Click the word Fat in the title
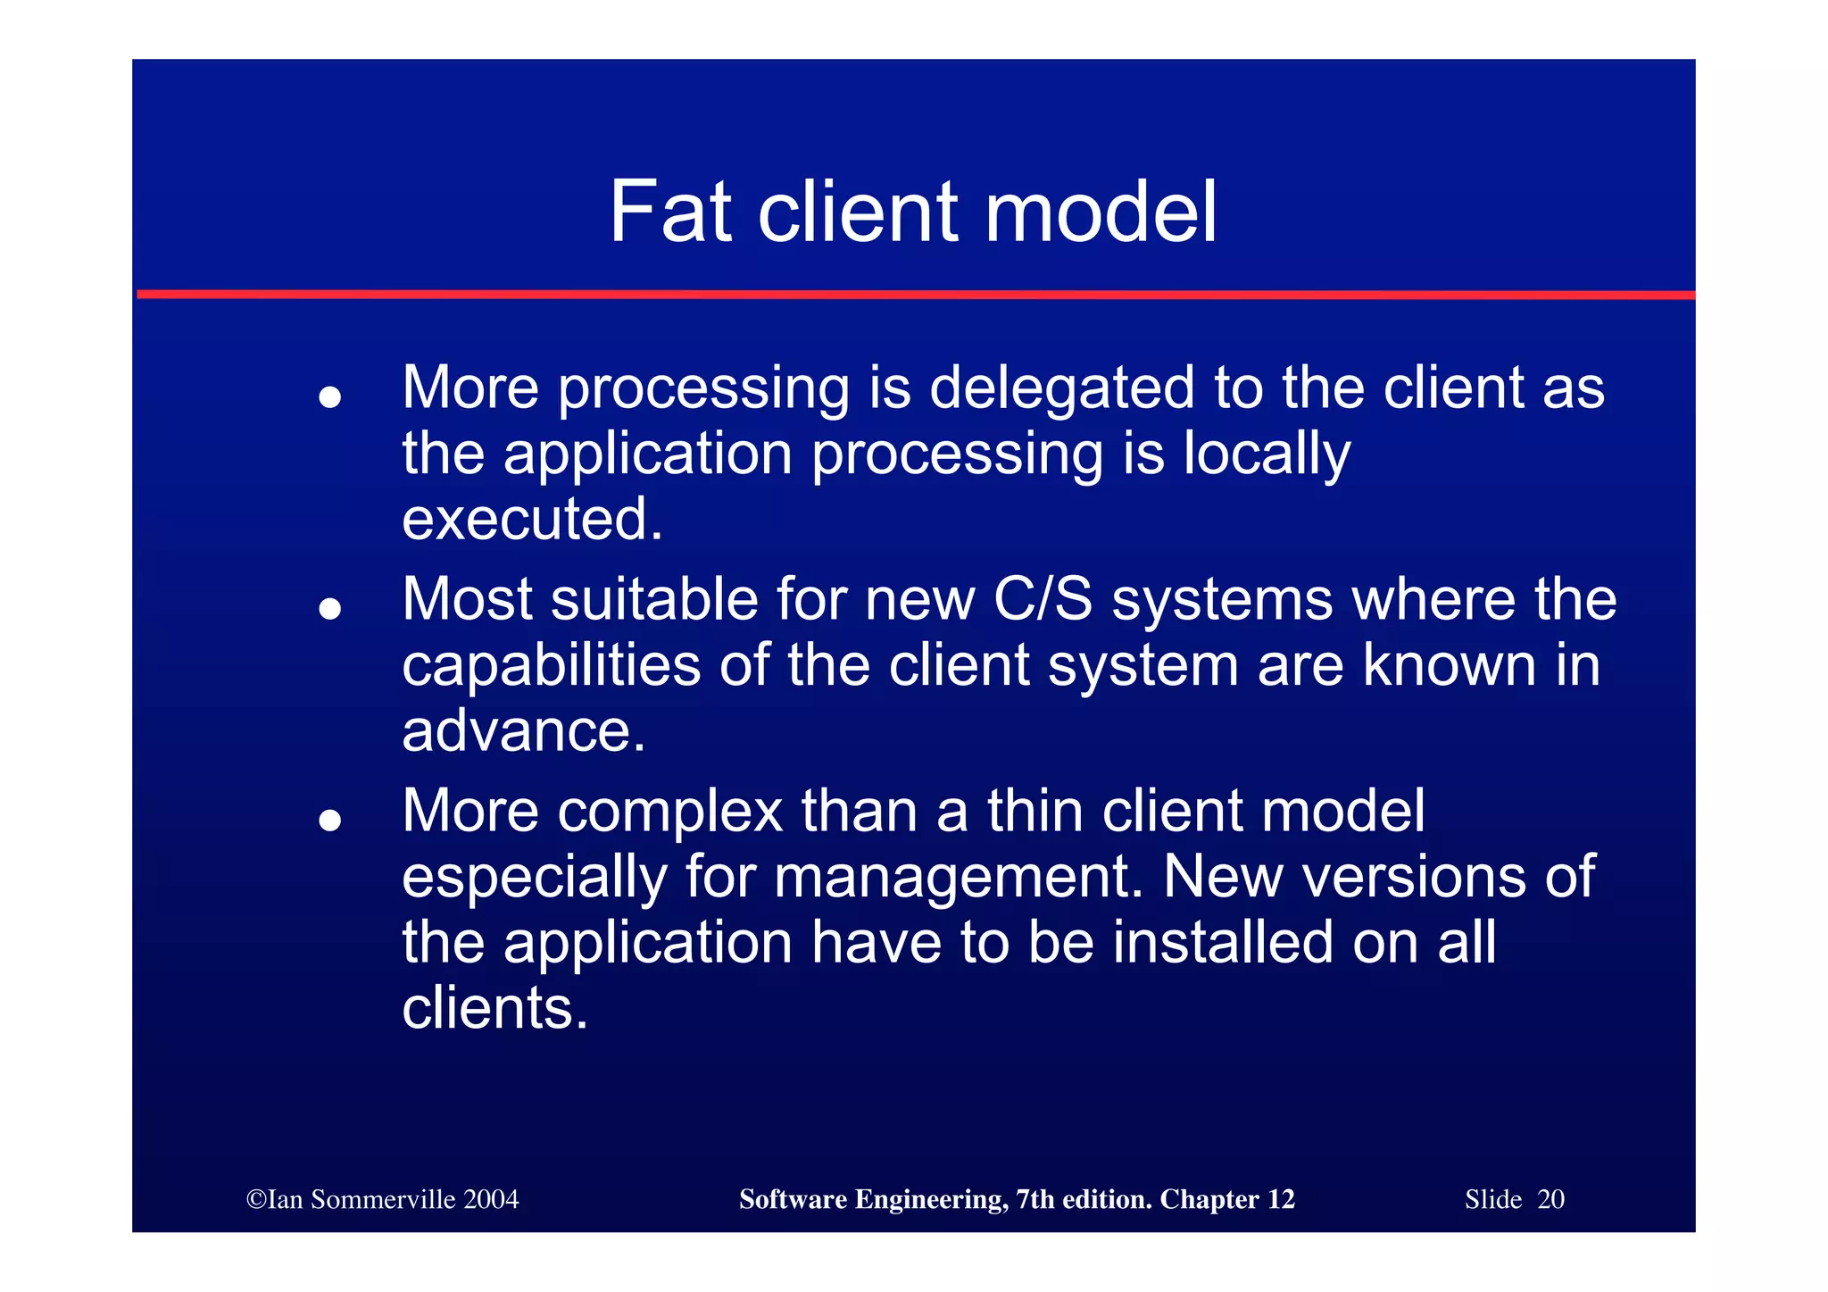[669, 213]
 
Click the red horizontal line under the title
[914, 294]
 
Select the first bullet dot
[330, 396]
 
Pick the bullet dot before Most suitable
[330, 608]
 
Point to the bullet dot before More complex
[330, 820]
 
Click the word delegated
[1061, 389]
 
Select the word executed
[532, 520]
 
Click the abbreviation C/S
[1043, 599]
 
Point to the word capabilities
[551, 666]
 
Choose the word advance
[523, 731]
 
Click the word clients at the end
[494, 1009]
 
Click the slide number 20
[1550, 1199]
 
